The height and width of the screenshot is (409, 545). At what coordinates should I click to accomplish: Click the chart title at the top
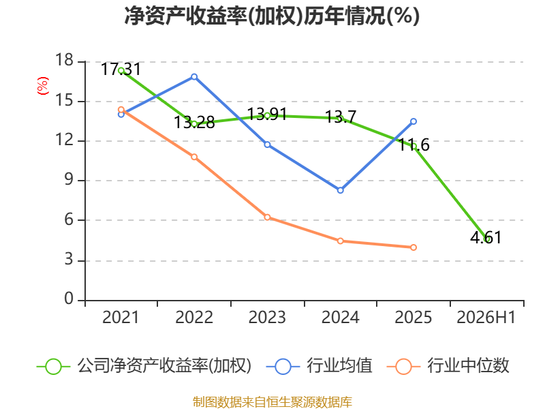(x=272, y=16)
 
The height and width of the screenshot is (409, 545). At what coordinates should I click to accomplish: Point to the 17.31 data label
(x=121, y=69)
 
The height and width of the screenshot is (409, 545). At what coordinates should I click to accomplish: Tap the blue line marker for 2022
(x=194, y=76)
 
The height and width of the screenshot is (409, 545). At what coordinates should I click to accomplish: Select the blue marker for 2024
(x=340, y=190)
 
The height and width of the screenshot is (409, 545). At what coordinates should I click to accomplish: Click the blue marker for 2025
(x=414, y=121)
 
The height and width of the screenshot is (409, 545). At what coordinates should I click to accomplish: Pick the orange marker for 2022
(x=194, y=157)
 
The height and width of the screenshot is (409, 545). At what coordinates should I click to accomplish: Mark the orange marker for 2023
(x=267, y=217)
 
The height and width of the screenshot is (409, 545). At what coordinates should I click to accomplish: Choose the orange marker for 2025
(x=414, y=247)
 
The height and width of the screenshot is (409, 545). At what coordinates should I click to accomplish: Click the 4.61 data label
(x=486, y=237)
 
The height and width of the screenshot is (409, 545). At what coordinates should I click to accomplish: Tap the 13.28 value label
(x=194, y=122)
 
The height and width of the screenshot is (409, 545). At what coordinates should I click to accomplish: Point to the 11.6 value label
(x=414, y=145)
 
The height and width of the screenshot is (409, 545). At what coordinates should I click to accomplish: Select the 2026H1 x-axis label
(x=486, y=317)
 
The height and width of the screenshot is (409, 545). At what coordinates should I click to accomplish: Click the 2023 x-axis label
(x=267, y=317)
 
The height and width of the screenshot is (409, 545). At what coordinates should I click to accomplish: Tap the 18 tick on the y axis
(x=65, y=60)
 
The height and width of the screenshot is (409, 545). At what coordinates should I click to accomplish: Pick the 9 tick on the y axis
(x=69, y=179)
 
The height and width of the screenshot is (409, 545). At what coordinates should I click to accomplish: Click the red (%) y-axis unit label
(x=43, y=86)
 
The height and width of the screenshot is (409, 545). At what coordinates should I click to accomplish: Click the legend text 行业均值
(x=339, y=366)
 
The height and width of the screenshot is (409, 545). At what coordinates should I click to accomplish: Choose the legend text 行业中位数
(x=468, y=366)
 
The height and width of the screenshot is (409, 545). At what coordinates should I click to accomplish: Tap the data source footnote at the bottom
(x=272, y=402)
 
